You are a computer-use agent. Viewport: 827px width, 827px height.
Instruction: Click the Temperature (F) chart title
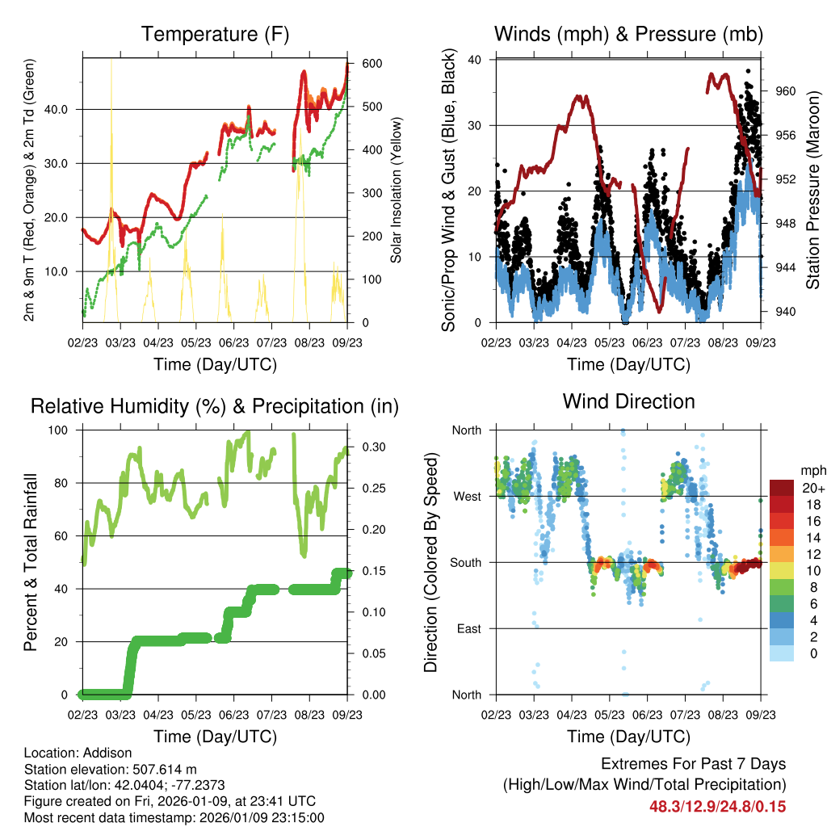(215, 35)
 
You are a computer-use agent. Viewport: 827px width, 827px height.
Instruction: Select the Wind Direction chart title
(628, 401)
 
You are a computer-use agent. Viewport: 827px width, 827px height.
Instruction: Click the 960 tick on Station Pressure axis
(786, 91)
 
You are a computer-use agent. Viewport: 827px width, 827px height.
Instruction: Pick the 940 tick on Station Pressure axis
(786, 312)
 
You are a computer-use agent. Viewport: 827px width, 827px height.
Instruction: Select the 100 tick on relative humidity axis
(67, 430)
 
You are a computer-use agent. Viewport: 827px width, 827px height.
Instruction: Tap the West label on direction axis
(467, 496)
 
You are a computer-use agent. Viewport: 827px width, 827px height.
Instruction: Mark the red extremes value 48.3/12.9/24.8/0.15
(717, 806)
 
